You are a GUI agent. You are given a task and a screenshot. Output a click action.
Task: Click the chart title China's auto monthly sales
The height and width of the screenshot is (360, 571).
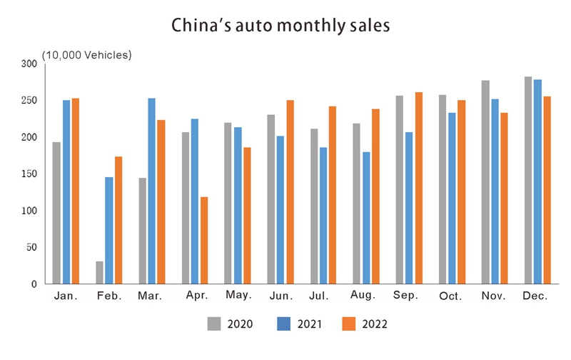pyautogui.click(x=281, y=26)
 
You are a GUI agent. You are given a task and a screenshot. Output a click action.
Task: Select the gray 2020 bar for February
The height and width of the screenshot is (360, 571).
pyautogui.click(x=99, y=273)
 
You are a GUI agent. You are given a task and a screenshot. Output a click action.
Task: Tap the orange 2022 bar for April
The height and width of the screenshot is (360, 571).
pyautogui.click(x=204, y=241)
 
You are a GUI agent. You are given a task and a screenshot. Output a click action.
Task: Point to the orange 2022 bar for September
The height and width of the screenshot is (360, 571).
pyautogui.click(x=418, y=189)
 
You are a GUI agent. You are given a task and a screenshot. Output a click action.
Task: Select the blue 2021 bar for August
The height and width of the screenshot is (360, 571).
pyautogui.click(x=366, y=218)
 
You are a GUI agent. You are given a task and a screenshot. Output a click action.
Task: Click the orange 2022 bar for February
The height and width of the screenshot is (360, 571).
pyautogui.click(x=118, y=220)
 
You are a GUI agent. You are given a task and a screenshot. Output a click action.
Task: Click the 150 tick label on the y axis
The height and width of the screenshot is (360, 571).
pyautogui.click(x=28, y=174)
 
